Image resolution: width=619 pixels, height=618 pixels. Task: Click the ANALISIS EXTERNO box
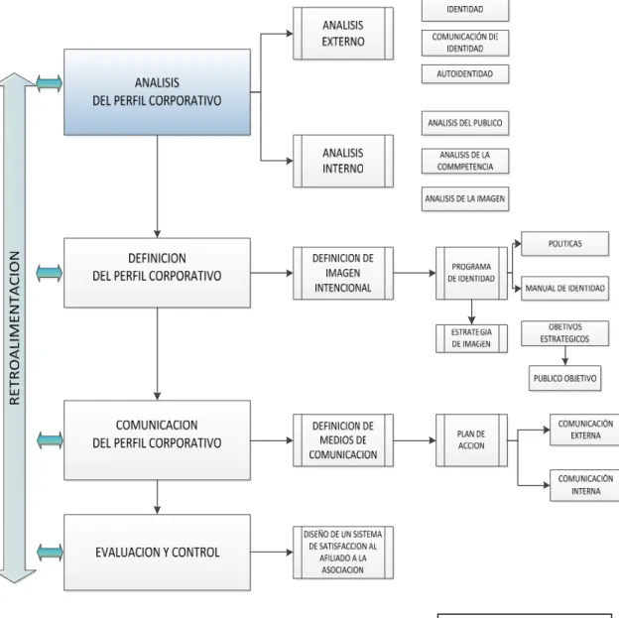(343, 34)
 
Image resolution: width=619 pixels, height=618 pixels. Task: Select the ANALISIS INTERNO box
(343, 161)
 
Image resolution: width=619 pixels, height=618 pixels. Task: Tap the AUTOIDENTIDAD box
(465, 73)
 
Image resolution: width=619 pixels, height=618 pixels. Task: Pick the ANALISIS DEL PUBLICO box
(465, 123)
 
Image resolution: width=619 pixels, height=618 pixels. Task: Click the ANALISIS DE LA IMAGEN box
(465, 198)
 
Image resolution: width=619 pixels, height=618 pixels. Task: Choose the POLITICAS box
(564, 244)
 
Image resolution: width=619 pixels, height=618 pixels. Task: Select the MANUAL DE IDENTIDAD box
(564, 289)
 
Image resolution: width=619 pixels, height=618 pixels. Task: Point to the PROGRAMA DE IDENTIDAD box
(471, 273)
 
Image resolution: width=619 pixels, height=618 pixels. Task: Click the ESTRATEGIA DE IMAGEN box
(471, 338)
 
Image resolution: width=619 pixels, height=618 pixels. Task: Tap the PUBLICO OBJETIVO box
(564, 378)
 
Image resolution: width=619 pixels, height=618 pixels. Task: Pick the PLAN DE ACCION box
(471, 439)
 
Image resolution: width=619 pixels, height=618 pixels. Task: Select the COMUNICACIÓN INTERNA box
(585, 485)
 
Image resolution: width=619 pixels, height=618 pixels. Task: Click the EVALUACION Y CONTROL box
(157, 553)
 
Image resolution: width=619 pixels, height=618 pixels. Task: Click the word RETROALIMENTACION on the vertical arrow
(15, 327)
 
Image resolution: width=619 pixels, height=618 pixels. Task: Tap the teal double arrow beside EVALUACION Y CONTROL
(50, 553)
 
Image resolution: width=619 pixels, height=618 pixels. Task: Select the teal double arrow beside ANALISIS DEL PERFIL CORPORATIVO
(50, 83)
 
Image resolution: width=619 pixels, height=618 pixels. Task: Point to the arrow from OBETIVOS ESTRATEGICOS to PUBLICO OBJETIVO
(564, 356)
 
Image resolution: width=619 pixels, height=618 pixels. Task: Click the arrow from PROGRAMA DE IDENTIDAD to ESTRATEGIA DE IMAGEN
(471, 311)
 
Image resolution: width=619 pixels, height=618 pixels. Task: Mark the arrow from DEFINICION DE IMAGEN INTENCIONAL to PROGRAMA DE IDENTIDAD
(415, 273)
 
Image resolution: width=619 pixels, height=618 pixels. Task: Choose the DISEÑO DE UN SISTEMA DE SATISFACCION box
(343, 553)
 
